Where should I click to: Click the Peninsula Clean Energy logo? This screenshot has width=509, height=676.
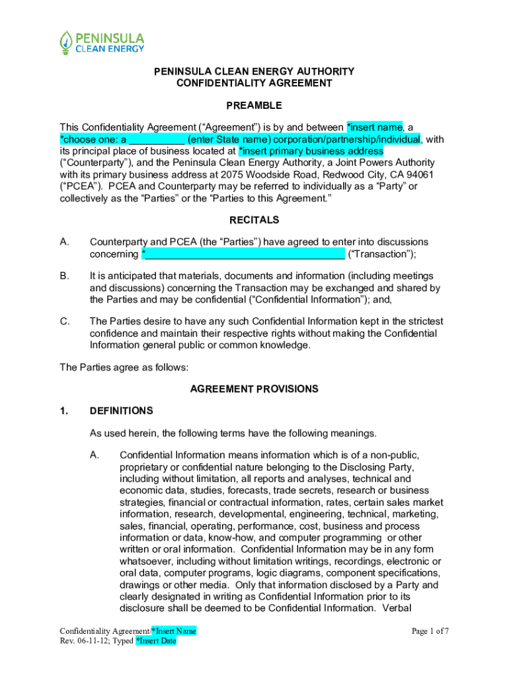[x=102, y=42]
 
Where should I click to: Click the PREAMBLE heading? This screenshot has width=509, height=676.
[x=255, y=106]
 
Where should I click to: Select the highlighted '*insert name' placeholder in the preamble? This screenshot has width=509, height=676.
[x=375, y=127]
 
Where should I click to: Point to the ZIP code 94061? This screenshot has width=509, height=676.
[x=420, y=175]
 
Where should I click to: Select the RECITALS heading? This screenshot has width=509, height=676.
[x=255, y=220]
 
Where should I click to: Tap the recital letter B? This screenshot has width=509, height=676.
[x=64, y=276]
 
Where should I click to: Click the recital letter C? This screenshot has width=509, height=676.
[x=64, y=321]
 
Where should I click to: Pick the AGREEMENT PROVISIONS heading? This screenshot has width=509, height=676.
[x=255, y=389]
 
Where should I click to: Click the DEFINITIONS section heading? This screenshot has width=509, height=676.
[x=122, y=411]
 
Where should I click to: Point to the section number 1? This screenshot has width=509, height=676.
[x=63, y=411]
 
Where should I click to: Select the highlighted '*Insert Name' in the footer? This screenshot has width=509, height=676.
[x=174, y=631]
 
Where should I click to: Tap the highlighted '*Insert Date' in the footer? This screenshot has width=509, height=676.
[x=156, y=641]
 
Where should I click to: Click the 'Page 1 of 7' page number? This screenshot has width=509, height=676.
[x=430, y=631]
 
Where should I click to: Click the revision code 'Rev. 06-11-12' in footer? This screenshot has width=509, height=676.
[x=83, y=641]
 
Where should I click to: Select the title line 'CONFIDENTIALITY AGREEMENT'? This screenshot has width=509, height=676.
[x=255, y=83]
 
